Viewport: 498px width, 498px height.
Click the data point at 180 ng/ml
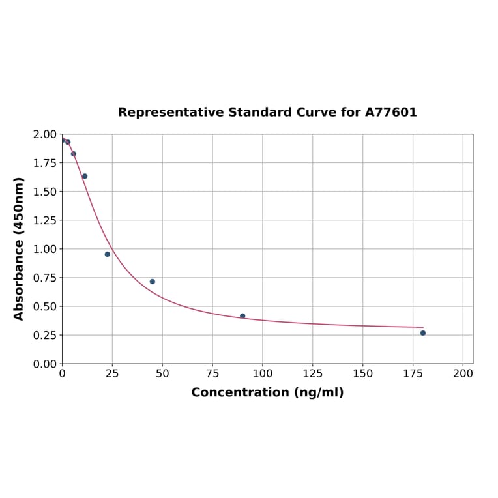(x=422, y=333)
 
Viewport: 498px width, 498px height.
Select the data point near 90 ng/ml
(x=242, y=316)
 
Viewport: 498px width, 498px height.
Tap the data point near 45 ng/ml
(x=153, y=282)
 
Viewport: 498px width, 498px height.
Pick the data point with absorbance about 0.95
(x=108, y=254)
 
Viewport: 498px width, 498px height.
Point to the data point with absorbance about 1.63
(x=85, y=176)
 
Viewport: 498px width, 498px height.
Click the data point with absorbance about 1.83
(x=74, y=154)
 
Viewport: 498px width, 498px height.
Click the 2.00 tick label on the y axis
(x=44, y=134)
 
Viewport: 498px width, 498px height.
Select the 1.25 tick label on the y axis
(x=44, y=220)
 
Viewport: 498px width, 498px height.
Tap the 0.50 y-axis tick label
(x=44, y=306)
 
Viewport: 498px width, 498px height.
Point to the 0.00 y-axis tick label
(x=44, y=364)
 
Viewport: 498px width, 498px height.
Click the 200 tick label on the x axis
(x=463, y=374)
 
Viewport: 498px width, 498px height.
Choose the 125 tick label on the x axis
(x=312, y=374)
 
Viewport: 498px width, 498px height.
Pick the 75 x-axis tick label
(x=212, y=374)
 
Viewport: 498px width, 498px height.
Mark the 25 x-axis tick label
(x=112, y=374)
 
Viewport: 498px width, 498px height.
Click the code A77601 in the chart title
(x=390, y=112)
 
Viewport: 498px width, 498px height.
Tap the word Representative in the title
(x=171, y=112)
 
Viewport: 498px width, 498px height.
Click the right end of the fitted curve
(x=422, y=327)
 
